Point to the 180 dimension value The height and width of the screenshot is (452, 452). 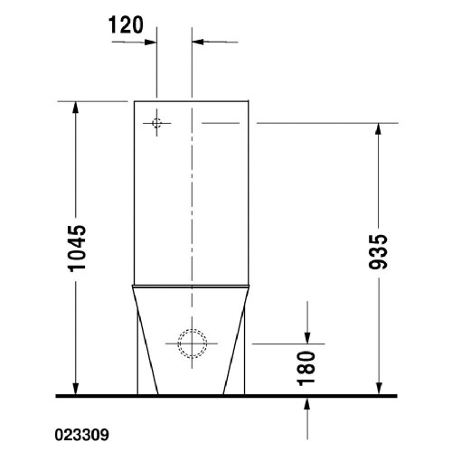click(x=307, y=366)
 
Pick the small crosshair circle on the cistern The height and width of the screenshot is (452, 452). click(x=156, y=122)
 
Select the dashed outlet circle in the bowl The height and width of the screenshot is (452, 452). click(x=192, y=343)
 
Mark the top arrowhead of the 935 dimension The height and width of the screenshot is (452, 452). click(x=379, y=128)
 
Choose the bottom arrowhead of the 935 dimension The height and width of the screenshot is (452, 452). click(x=379, y=389)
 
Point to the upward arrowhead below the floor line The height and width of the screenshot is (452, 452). click(x=307, y=403)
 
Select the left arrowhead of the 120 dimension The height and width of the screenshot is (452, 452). click(x=152, y=41)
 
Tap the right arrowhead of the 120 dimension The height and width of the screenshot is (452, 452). click(x=199, y=41)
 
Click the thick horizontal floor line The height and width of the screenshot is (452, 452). click(x=226, y=396)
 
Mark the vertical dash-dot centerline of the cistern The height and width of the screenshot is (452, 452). click(x=192, y=226)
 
